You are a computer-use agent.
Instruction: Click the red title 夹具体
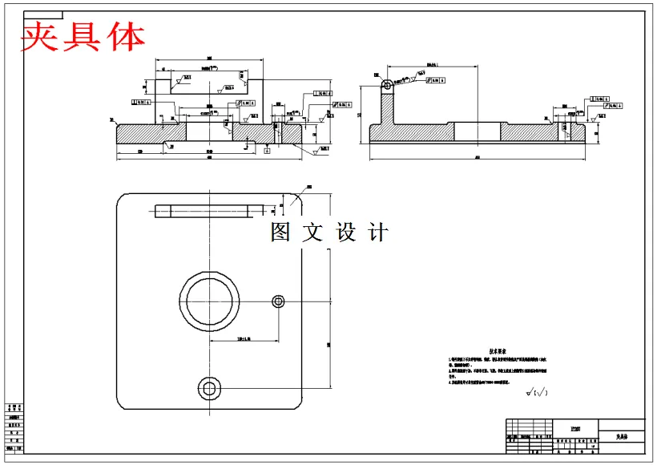83,36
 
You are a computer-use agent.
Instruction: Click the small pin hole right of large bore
278,301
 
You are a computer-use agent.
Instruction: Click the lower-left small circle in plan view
210,389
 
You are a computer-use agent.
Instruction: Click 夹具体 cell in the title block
622,437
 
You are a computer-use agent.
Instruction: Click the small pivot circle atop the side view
387,84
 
